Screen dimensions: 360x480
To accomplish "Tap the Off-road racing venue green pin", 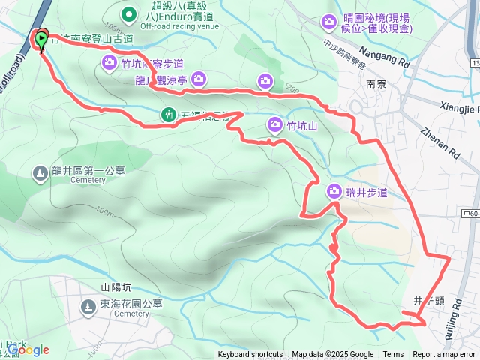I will [129, 13].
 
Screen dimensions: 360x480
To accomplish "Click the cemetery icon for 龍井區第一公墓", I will [39, 174].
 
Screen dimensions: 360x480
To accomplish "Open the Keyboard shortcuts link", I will [250, 355].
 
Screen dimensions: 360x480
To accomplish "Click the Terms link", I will [393, 355].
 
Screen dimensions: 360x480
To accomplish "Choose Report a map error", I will [444, 355].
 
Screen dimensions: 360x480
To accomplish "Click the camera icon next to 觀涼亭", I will [198, 77].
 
